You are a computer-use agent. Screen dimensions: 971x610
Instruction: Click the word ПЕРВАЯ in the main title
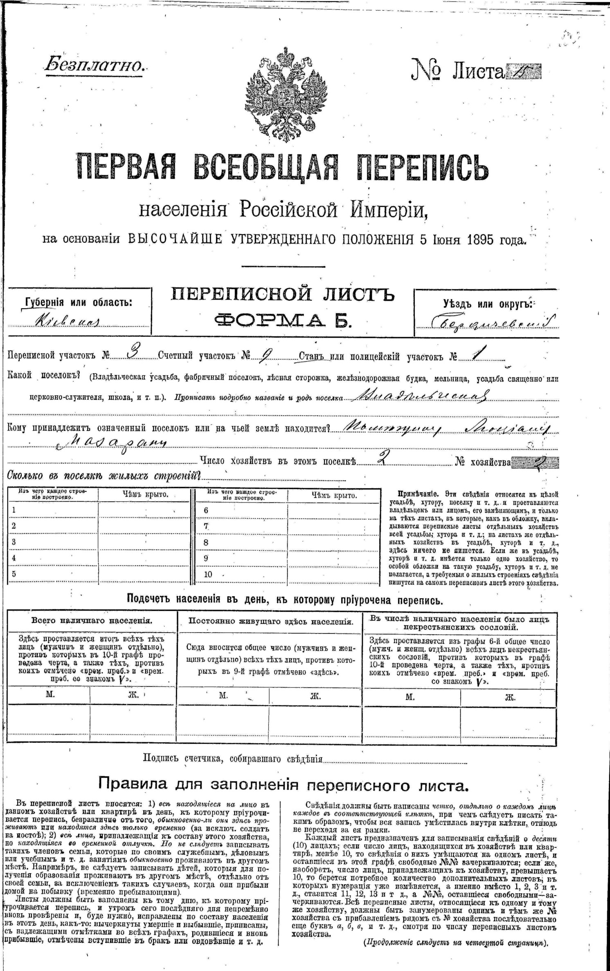(x=124, y=167)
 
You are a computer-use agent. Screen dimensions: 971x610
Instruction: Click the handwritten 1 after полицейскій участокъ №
(x=475, y=353)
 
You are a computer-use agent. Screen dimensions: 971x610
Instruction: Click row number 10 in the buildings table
(x=208, y=574)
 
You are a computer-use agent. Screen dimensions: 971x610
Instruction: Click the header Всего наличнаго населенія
(x=92, y=620)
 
